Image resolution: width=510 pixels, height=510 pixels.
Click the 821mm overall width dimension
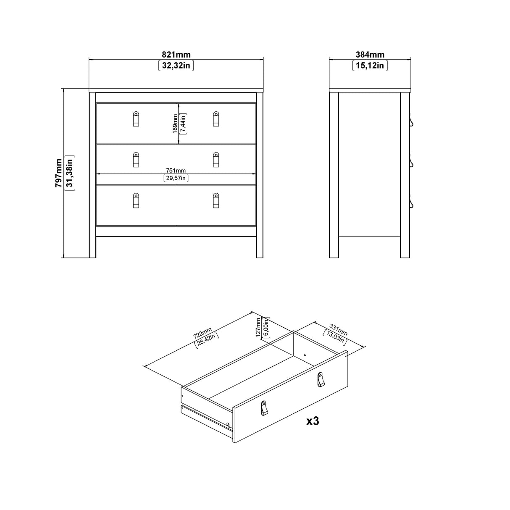click(x=176, y=55)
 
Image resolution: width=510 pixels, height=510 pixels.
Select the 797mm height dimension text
click(x=59, y=173)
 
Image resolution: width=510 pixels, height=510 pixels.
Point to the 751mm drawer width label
click(x=176, y=170)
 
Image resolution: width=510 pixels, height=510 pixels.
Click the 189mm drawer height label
click(x=174, y=124)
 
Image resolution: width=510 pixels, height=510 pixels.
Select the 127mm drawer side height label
click(x=258, y=328)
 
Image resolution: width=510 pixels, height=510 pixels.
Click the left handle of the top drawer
click(x=135, y=118)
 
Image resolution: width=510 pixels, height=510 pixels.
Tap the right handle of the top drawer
click(x=216, y=118)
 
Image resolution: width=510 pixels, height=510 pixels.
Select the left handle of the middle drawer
click(x=135, y=160)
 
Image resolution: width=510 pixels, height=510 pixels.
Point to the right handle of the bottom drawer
click(x=216, y=200)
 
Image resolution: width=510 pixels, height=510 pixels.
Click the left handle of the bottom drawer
click(x=135, y=200)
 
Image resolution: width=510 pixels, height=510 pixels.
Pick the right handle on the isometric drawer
click(x=321, y=379)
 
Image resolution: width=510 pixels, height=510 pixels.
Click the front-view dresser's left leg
click(x=92, y=248)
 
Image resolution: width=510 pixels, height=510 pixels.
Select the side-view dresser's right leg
click(x=405, y=248)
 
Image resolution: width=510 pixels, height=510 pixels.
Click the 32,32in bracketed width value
click(x=176, y=66)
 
